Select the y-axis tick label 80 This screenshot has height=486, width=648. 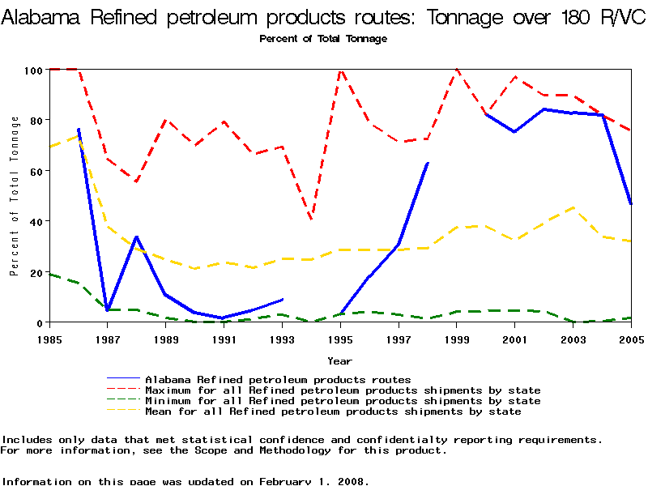35,120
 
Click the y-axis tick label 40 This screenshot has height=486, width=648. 35,221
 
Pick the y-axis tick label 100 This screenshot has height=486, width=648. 32,70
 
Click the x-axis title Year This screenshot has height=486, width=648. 339,360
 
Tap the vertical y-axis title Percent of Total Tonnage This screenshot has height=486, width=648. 15,196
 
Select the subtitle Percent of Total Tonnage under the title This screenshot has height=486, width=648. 323,39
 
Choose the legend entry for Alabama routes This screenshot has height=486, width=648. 278,379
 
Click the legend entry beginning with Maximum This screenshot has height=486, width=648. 343,390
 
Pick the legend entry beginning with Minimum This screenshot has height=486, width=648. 343,401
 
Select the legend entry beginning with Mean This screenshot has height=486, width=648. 333,411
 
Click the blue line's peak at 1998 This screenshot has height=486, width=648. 428,164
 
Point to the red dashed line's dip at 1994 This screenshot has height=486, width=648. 311,219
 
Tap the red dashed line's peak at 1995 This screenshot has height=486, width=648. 340,70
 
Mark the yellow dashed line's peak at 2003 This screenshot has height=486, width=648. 573,207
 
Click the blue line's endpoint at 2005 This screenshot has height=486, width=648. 631,204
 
